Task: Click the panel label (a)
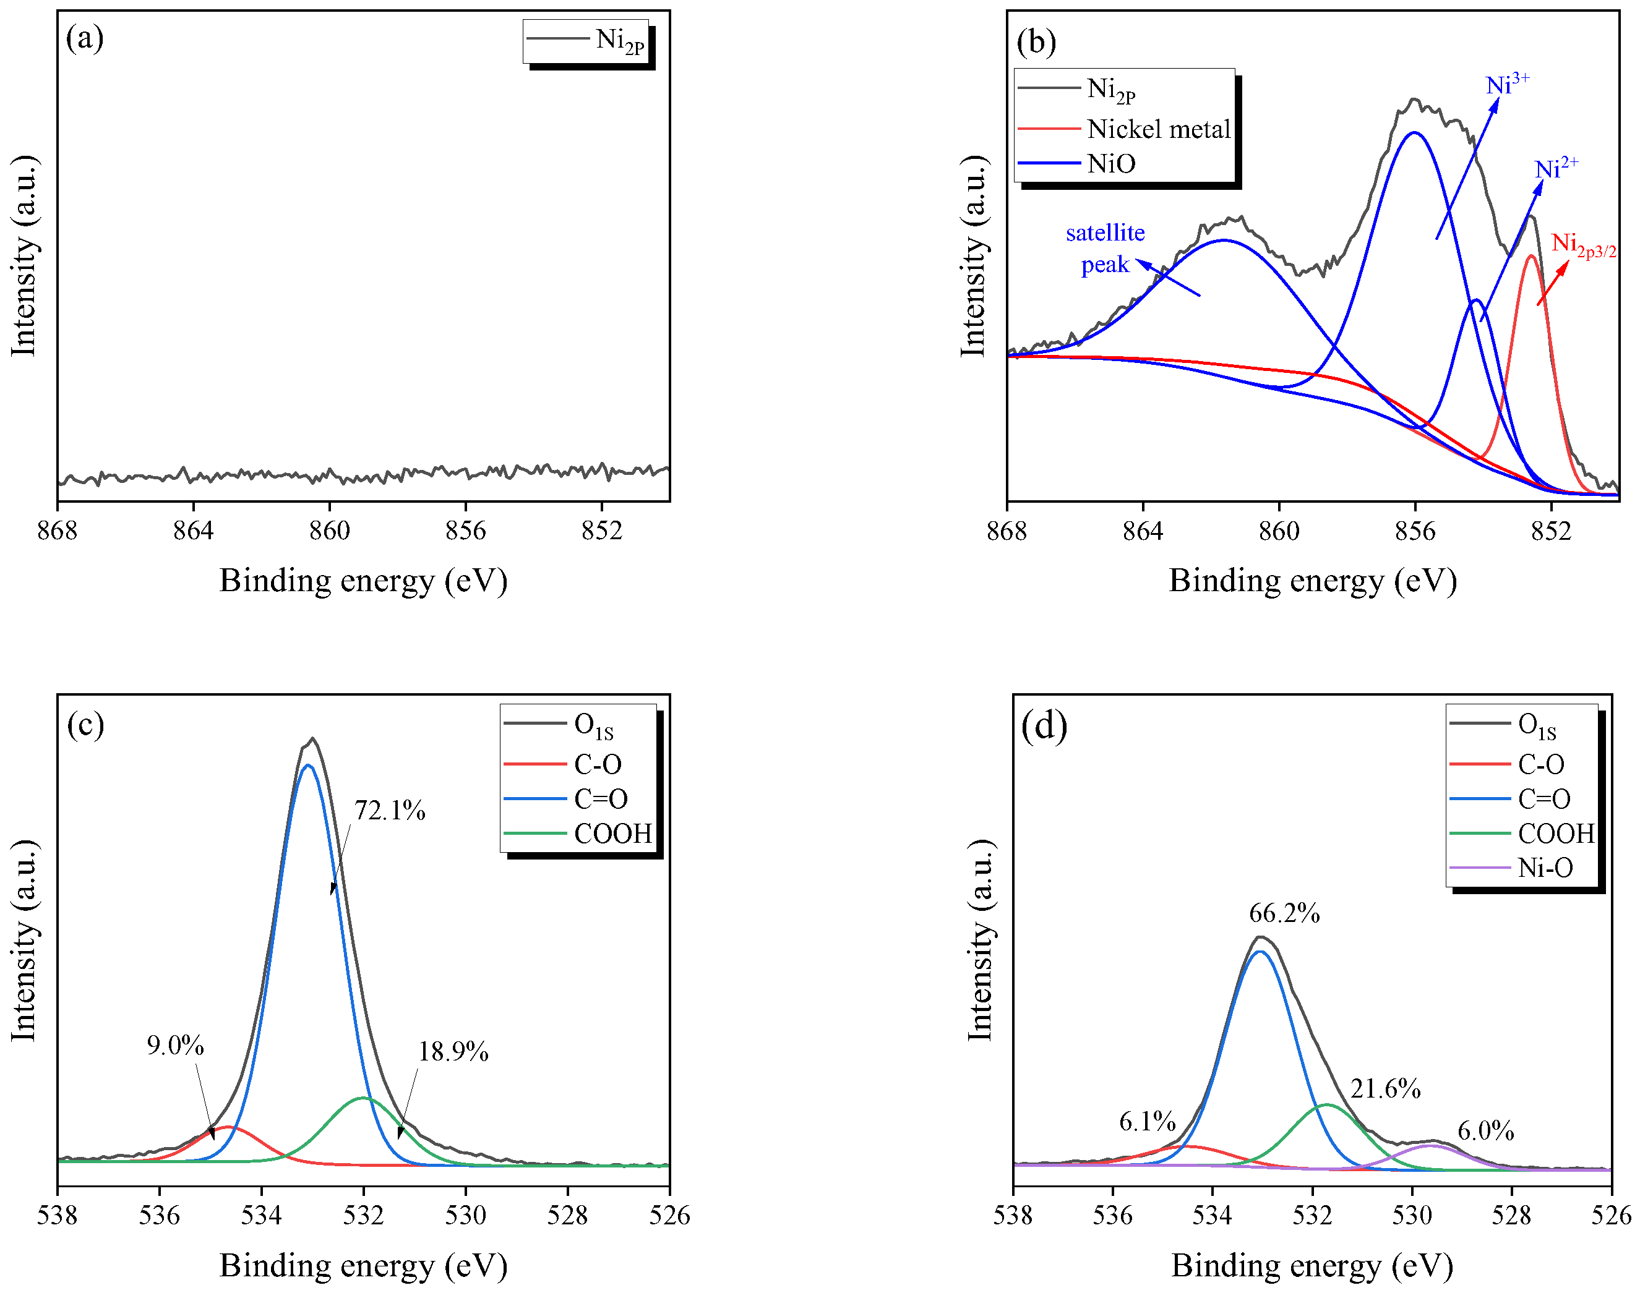(x=85, y=38)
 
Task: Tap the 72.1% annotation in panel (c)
(x=389, y=811)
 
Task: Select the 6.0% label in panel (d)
(x=1485, y=1131)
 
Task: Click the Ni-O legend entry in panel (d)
(x=1545, y=868)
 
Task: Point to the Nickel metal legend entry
(x=1159, y=129)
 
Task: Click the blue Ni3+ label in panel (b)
(x=1507, y=84)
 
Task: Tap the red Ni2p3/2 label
(x=1583, y=244)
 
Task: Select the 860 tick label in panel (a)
(x=329, y=531)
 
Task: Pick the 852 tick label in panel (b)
(x=1551, y=531)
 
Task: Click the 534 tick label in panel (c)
(x=261, y=1215)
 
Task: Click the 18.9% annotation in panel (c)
(x=453, y=1051)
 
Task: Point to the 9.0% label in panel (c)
(x=175, y=1046)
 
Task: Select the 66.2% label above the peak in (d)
(x=1284, y=914)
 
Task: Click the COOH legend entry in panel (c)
(x=612, y=834)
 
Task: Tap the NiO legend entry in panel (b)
(x=1110, y=163)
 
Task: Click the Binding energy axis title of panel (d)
(x=1312, y=1265)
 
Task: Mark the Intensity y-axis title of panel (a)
(x=24, y=255)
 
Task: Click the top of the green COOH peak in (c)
(x=363, y=1098)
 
